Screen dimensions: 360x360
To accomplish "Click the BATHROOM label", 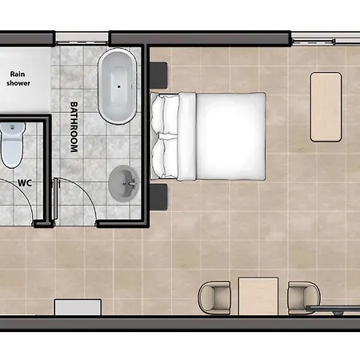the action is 74,127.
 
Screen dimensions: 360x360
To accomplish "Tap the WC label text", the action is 25,183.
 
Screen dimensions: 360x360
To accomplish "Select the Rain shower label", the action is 18,78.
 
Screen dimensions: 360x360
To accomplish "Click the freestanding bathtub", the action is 118,86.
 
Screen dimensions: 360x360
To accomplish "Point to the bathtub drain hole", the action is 119,86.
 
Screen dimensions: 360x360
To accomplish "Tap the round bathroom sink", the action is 124,183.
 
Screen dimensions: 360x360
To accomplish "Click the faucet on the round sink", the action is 131,183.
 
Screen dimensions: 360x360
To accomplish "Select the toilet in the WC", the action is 12,145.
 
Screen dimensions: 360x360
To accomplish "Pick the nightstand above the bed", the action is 158,75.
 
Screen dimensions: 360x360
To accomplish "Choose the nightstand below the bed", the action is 158,197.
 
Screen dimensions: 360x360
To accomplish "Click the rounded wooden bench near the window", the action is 326,106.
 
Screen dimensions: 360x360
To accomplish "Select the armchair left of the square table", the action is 214,298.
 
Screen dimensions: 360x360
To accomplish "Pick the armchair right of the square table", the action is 304,298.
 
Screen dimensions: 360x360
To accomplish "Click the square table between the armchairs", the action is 258,296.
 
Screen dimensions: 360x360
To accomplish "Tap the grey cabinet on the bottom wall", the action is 78,307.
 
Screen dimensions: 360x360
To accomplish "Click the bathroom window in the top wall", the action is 82,38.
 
